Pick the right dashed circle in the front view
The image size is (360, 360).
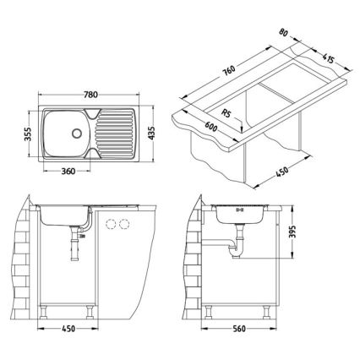pos(126,223)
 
